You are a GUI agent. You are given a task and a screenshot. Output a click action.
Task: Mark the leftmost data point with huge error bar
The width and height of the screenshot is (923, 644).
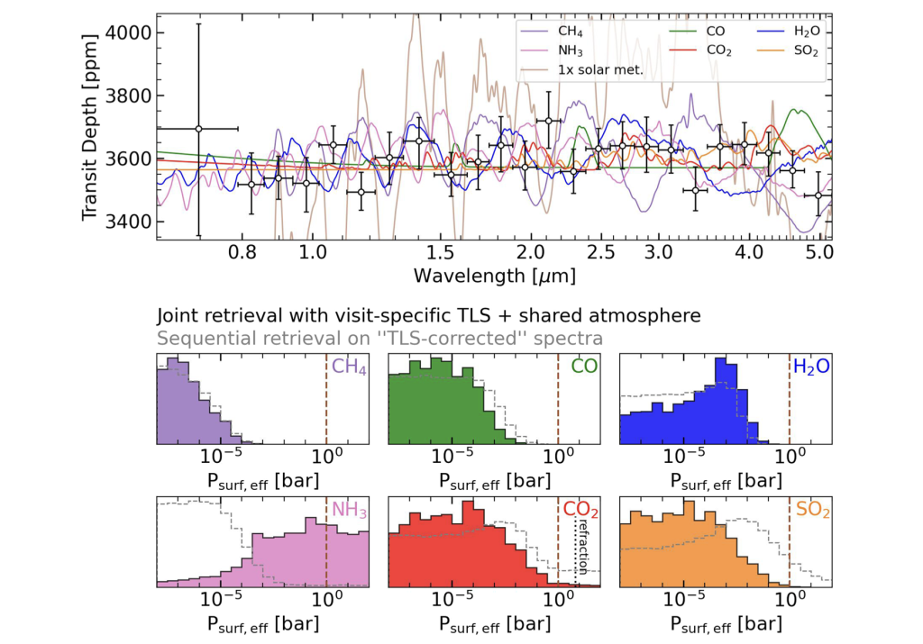pyautogui.click(x=198, y=129)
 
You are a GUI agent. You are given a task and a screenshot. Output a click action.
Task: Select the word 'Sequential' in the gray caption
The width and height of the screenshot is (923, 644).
pyautogui.click(x=197, y=338)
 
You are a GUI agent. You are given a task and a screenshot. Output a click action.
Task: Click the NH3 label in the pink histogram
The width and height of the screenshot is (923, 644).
pyautogui.click(x=349, y=510)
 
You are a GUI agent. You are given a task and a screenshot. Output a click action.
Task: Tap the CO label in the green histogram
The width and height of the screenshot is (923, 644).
pyautogui.click(x=583, y=367)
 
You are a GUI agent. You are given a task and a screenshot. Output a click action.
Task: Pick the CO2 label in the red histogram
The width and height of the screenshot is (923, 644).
pyautogui.click(x=581, y=510)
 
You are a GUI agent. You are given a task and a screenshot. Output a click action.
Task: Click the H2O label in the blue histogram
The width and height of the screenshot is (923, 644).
pyautogui.click(x=810, y=367)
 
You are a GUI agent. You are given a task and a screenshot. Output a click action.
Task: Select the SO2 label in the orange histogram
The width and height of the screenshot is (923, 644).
pyautogui.click(x=811, y=510)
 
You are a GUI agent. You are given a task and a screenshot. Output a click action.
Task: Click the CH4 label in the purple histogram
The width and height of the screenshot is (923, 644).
pyautogui.click(x=349, y=367)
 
